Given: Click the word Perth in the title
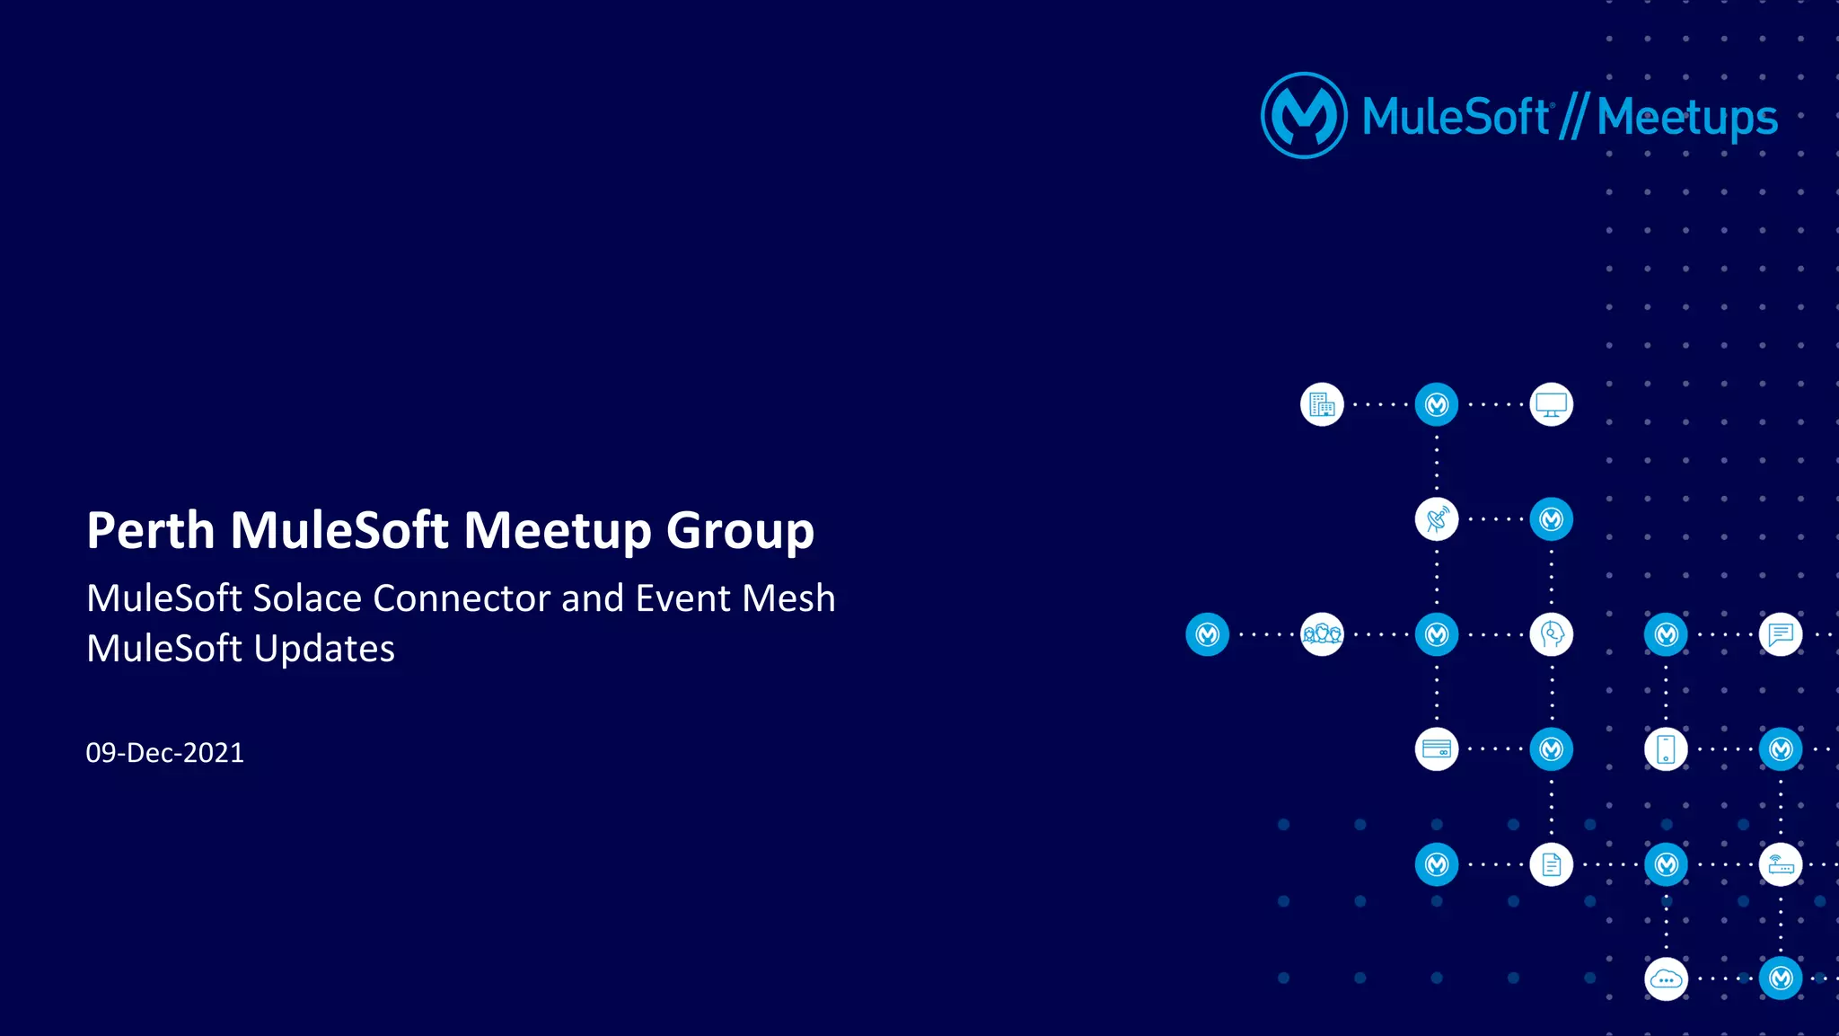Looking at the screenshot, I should click(151, 530).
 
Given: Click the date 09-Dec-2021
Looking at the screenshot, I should click(164, 753).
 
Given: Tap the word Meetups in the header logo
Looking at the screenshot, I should click(1686, 118).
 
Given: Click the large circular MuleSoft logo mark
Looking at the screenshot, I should click(1304, 116).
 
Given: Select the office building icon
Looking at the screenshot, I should click(1322, 405).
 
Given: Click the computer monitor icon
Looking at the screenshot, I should click(1552, 405).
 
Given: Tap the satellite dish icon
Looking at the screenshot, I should click(1437, 519).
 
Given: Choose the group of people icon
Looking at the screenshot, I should click(1322, 634).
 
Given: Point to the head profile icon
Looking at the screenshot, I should click(1552, 634).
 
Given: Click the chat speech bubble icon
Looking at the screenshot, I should click(1781, 634).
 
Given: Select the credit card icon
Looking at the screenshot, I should click(1437, 749).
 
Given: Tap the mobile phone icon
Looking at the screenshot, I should click(1666, 749).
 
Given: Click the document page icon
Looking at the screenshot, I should click(1552, 864).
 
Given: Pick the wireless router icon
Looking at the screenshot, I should click(1781, 864).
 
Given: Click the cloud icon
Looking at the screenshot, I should click(1666, 979).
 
